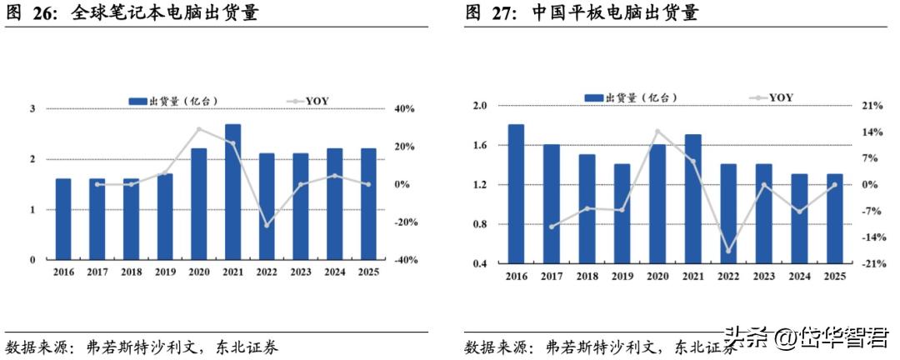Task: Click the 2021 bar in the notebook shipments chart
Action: point(233,192)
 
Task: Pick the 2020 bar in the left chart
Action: point(199,204)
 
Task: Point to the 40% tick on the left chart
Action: point(405,109)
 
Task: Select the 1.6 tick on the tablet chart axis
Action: point(480,146)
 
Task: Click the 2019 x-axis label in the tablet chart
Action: point(622,277)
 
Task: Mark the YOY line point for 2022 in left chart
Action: point(267,225)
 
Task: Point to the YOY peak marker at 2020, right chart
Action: point(657,131)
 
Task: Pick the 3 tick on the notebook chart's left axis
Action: point(32,109)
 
